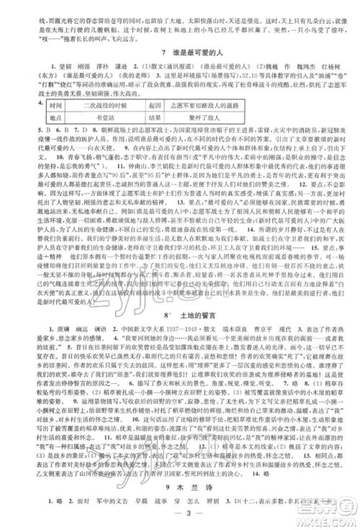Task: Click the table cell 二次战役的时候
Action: pyautogui.click(x=98, y=104)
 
